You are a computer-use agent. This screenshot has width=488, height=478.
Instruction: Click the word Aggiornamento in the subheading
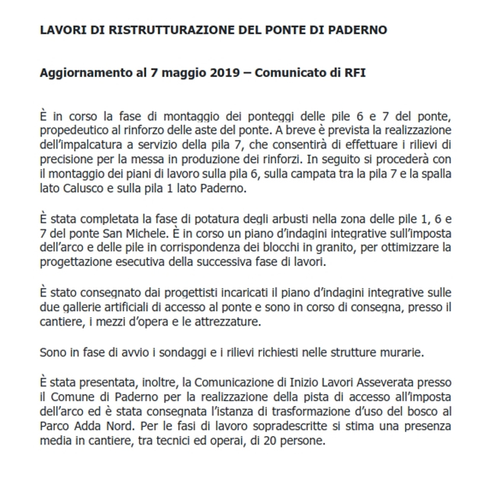click(x=82, y=75)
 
